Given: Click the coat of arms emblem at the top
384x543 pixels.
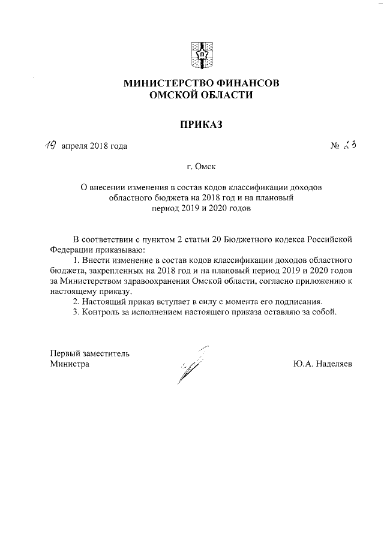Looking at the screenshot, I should tap(201, 54).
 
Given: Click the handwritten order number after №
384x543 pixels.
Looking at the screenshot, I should tap(351, 145).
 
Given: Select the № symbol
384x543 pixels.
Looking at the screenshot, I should tap(335, 146).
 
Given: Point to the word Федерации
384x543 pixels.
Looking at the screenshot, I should tap(72, 249).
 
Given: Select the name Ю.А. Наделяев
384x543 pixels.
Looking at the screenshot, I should tap(323, 364).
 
